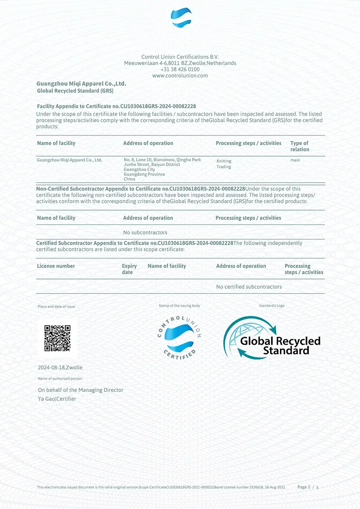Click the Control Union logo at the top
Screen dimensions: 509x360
click(181, 18)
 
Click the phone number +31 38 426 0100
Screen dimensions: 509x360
click(180, 69)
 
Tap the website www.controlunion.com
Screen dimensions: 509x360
click(180, 76)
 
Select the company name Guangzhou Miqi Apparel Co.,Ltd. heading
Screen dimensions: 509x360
click(81, 84)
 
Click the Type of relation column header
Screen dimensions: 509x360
click(300, 146)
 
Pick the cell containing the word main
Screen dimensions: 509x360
click(295, 160)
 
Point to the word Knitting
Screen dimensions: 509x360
click(224, 161)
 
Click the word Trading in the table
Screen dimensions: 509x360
click(224, 167)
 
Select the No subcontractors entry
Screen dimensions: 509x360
click(145, 233)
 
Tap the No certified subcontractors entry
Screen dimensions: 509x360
click(249, 287)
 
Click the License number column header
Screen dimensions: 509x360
click(56, 266)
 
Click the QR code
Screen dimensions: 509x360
click(57, 338)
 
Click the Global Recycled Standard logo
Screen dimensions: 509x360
click(272, 338)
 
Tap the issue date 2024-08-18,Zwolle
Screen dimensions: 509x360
click(60, 367)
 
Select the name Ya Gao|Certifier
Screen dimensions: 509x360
click(57, 399)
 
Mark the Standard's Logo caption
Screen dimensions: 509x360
click(272, 306)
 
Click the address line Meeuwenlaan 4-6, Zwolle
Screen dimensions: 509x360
click(180, 63)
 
